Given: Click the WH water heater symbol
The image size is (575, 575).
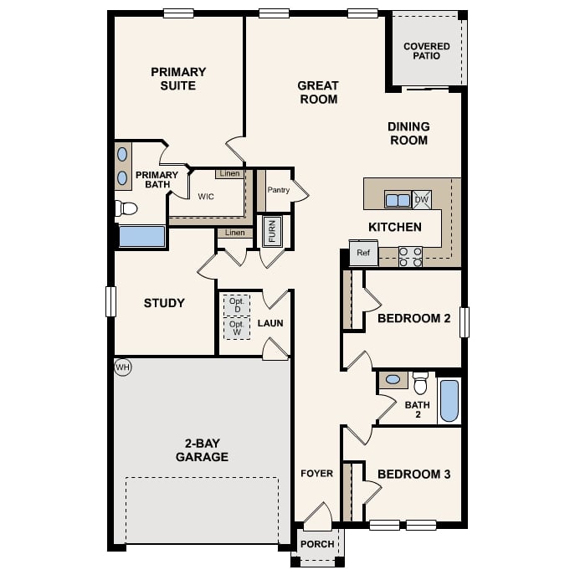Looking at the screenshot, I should (x=123, y=367).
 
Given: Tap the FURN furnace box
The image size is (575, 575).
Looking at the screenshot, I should (x=272, y=231).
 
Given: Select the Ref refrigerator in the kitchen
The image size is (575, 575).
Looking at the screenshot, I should (x=363, y=253).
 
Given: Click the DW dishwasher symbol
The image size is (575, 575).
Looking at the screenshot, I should (x=422, y=199).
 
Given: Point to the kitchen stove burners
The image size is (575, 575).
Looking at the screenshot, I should (x=410, y=256).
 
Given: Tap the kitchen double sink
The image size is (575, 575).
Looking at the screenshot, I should (x=398, y=200).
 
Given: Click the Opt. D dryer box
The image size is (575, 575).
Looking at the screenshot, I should (x=237, y=305).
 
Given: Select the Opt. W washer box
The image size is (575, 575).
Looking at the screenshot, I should (x=237, y=327).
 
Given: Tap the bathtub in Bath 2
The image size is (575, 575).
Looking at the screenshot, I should (x=449, y=400).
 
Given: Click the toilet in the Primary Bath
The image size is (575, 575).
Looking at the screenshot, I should (x=126, y=208).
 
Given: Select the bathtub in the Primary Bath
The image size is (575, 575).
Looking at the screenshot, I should (x=141, y=236).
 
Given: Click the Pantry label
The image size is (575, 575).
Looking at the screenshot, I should (x=278, y=190).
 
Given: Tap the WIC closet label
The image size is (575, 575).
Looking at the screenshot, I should (x=207, y=198).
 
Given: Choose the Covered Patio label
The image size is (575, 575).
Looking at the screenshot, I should (x=426, y=51).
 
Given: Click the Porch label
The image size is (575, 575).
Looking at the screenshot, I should (x=317, y=544).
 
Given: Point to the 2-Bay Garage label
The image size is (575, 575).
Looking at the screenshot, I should (x=202, y=450).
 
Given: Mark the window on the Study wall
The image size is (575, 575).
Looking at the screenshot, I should (x=110, y=301).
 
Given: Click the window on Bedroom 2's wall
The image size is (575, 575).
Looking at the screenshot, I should (x=465, y=322).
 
